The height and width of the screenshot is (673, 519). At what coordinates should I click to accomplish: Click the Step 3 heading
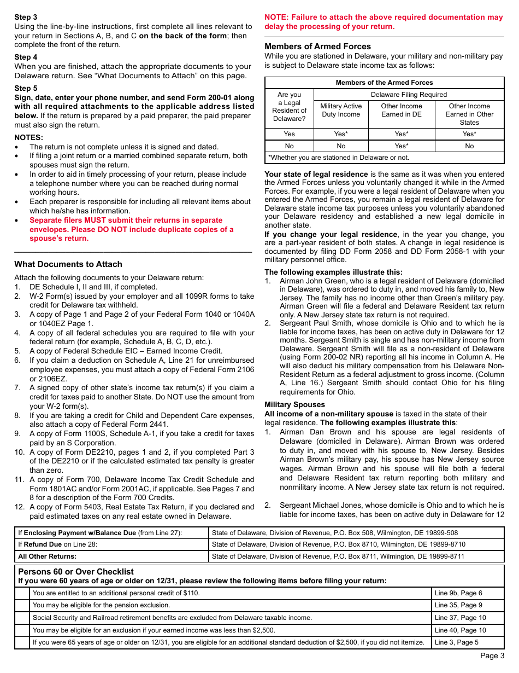[26, 17]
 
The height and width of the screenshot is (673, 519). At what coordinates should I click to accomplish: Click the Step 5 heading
[26, 88]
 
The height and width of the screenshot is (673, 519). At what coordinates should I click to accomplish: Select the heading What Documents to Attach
[68, 264]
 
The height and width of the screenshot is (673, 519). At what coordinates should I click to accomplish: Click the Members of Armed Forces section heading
[317, 47]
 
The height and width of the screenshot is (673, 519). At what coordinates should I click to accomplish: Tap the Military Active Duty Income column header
[341, 110]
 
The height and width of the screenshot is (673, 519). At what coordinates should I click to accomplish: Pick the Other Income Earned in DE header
[402, 110]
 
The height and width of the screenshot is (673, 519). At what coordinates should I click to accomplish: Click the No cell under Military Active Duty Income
[341, 146]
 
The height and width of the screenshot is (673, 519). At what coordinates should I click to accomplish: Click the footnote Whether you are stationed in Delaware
[339, 158]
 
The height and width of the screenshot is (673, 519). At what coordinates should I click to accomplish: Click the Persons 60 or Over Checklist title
[76, 572]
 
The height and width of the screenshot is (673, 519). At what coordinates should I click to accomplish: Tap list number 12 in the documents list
[19, 507]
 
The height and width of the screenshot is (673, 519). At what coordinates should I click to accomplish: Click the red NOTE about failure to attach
[384, 22]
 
